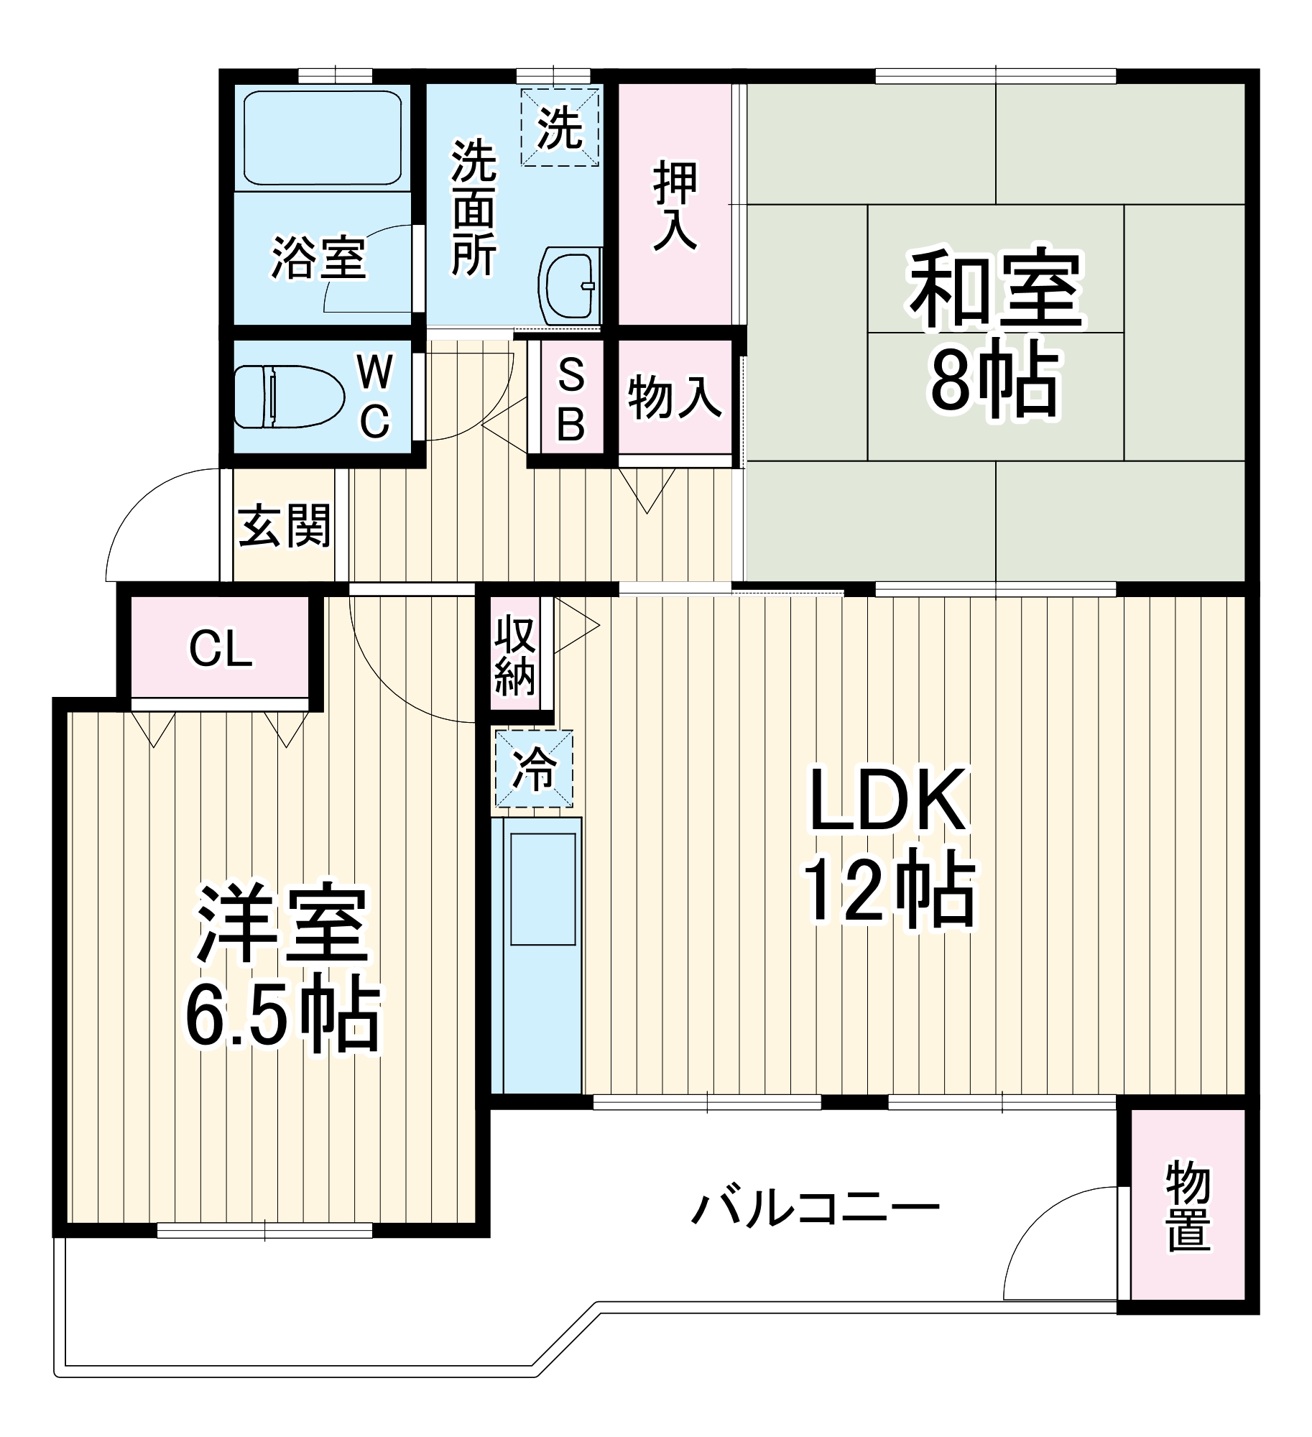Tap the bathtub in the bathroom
[x=323, y=137]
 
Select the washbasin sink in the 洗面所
[x=569, y=286]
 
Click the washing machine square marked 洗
[x=560, y=127]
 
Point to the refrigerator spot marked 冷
[x=534, y=769]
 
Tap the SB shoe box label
[x=571, y=399]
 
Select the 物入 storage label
[x=675, y=397]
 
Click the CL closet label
[x=221, y=648]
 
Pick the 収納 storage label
[x=515, y=655]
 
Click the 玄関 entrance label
[x=285, y=525]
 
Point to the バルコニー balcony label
[x=815, y=1209]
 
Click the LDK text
[x=888, y=800]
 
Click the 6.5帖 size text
[x=282, y=1017]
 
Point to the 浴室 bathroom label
[x=318, y=257]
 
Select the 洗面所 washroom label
[x=473, y=208]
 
